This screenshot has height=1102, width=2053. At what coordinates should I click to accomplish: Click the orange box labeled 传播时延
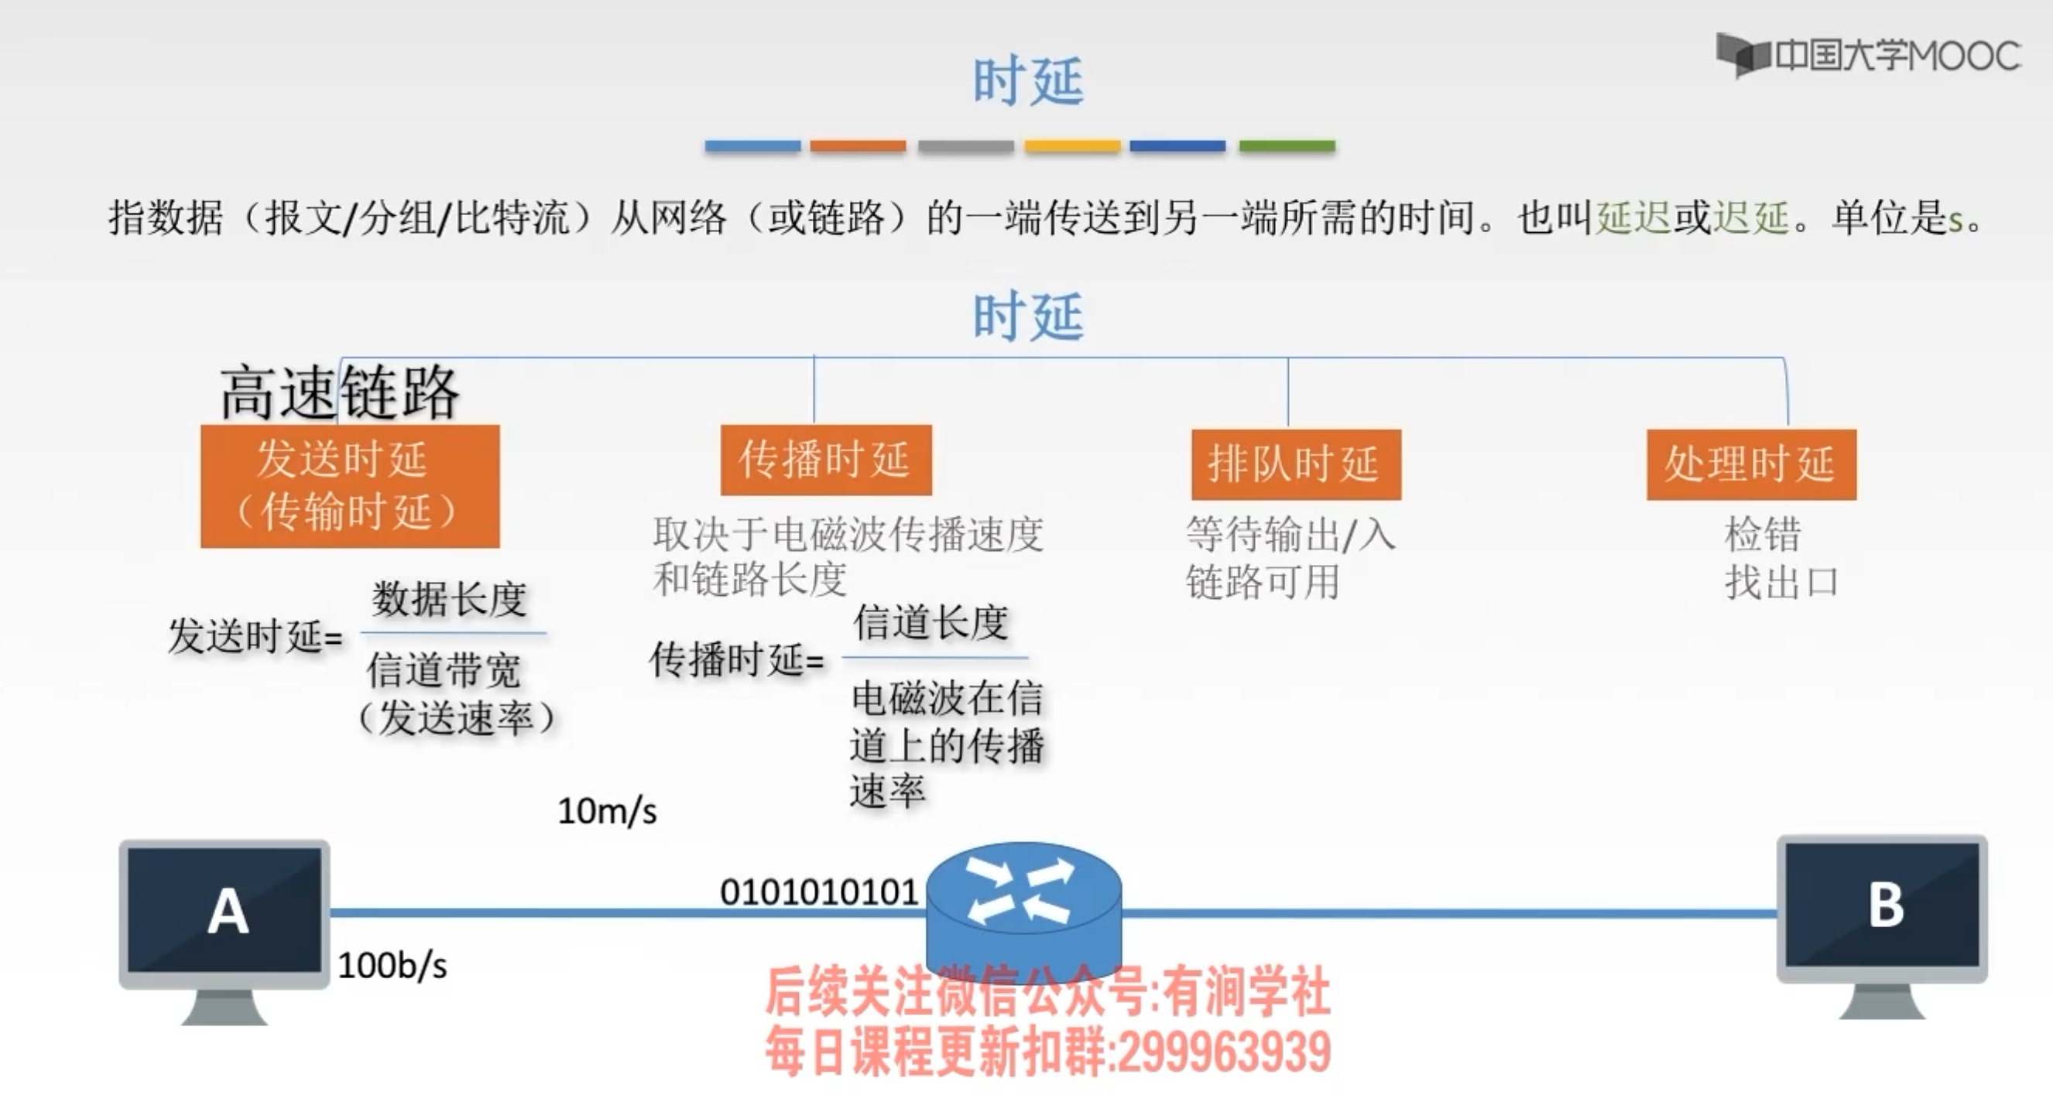(826, 460)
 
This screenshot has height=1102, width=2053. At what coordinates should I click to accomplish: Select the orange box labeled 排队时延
(1296, 464)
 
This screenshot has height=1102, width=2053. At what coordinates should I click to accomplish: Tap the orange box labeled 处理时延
(1751, 464)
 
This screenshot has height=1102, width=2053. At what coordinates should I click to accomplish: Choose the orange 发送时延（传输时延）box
(350, 486)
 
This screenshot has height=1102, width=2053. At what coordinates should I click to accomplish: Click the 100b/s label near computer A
(392, 966)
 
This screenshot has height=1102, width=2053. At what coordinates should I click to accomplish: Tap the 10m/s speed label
(606, 811)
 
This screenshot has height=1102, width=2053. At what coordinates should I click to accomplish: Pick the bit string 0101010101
(819, 892)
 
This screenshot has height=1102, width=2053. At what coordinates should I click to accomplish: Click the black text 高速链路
(341, 392)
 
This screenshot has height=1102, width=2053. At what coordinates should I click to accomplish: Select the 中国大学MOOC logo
(1868, 56)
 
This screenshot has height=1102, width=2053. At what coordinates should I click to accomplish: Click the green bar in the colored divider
(1287, 145)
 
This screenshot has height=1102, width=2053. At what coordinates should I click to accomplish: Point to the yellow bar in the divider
(1072, 145)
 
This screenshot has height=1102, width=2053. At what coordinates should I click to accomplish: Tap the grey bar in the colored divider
(965, 145)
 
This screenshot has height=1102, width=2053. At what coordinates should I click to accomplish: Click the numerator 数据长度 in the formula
(450, 598)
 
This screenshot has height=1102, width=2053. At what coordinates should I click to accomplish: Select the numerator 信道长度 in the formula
(931, 622)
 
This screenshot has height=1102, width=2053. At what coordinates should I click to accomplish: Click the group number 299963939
(1224, 1052)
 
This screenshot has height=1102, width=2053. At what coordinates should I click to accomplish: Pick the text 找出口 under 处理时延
(1781, 583)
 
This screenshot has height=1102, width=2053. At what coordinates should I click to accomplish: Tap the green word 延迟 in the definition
(1633, 217)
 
